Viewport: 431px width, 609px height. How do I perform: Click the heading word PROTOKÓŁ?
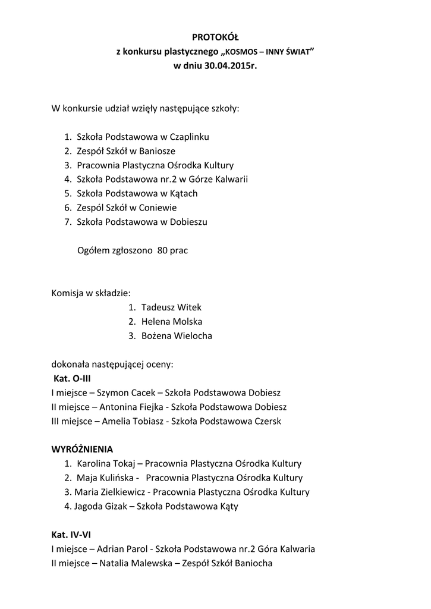click(215, 38)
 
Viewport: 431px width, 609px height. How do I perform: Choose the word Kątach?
click(183, 193)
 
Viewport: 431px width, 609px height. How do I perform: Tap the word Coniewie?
click(158, 208)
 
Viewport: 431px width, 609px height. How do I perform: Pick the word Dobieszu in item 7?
click(190, 222)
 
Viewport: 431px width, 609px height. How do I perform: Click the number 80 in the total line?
click(162, 250)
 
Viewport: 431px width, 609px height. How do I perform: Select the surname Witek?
click(190, 307)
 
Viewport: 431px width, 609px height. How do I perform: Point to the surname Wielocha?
click(193, 336)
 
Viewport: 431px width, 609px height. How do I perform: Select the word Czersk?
click(268, 421)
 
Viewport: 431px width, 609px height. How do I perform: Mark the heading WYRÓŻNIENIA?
click(82, 449)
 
